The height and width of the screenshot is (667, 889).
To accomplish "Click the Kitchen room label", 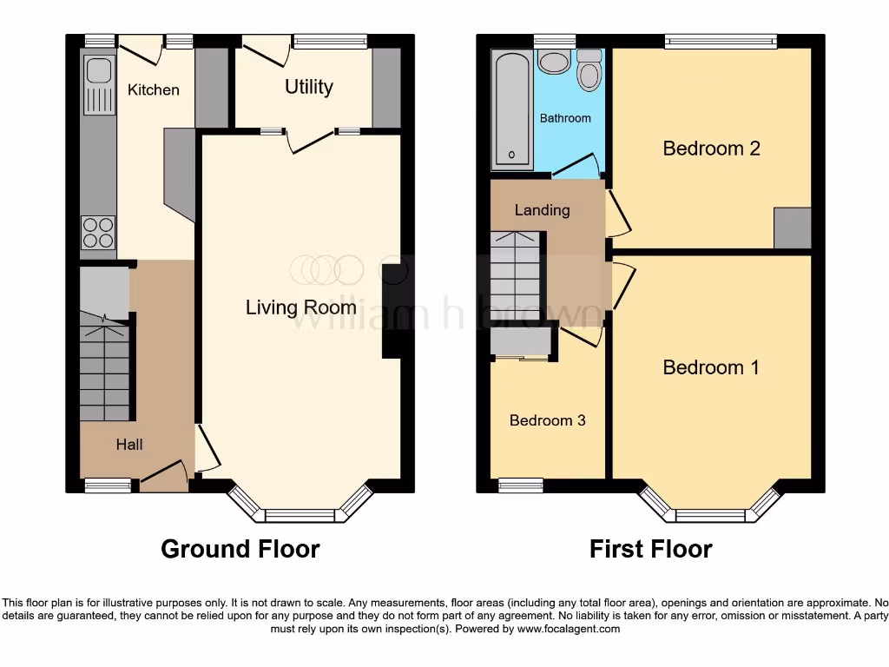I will [154, 89].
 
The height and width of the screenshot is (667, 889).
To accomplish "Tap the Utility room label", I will [309, 87].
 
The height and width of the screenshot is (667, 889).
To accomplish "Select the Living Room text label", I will [300, 307].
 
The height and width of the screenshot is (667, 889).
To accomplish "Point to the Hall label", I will [129, 445].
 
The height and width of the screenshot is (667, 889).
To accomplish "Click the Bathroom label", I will [565, 118].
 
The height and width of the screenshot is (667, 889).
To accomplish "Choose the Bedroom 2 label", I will [711, 149].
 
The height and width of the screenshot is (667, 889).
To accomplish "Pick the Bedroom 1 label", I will [711, 367].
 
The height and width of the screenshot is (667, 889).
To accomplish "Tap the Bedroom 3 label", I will [547, 420].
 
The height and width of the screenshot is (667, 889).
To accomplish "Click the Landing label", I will [542, 210].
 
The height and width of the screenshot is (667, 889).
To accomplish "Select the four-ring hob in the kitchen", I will [97, 231].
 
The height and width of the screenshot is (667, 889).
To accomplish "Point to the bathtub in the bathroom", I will [512, 109].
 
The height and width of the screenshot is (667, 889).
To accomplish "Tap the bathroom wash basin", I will [552, 61].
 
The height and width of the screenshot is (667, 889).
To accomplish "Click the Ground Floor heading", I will [240, 549].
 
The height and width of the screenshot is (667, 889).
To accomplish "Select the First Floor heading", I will [650, 549].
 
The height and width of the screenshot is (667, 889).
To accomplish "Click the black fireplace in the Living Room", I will [392, 310].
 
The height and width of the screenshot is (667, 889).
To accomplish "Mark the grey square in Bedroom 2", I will [792, 228].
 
